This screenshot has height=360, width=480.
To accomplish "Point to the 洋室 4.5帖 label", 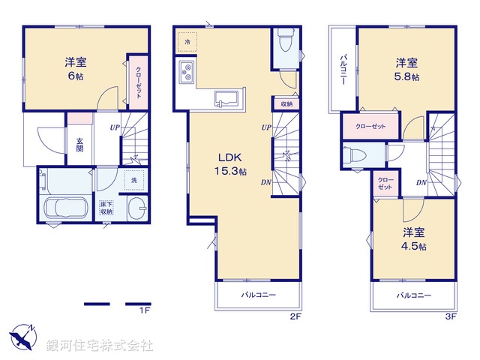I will (413, 239).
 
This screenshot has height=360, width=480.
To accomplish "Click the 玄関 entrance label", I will (79, 143).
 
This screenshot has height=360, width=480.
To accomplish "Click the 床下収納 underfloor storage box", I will (106, 207).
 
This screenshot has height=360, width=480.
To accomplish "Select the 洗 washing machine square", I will (134, 180).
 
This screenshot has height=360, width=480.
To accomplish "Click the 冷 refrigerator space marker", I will (187, 41).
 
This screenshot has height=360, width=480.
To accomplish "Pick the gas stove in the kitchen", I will (187, 73).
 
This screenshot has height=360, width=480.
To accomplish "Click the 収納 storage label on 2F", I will (287, 104).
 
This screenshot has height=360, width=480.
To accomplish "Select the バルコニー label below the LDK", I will (258, 295).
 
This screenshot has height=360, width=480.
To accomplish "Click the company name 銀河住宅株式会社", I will (100, 346).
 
